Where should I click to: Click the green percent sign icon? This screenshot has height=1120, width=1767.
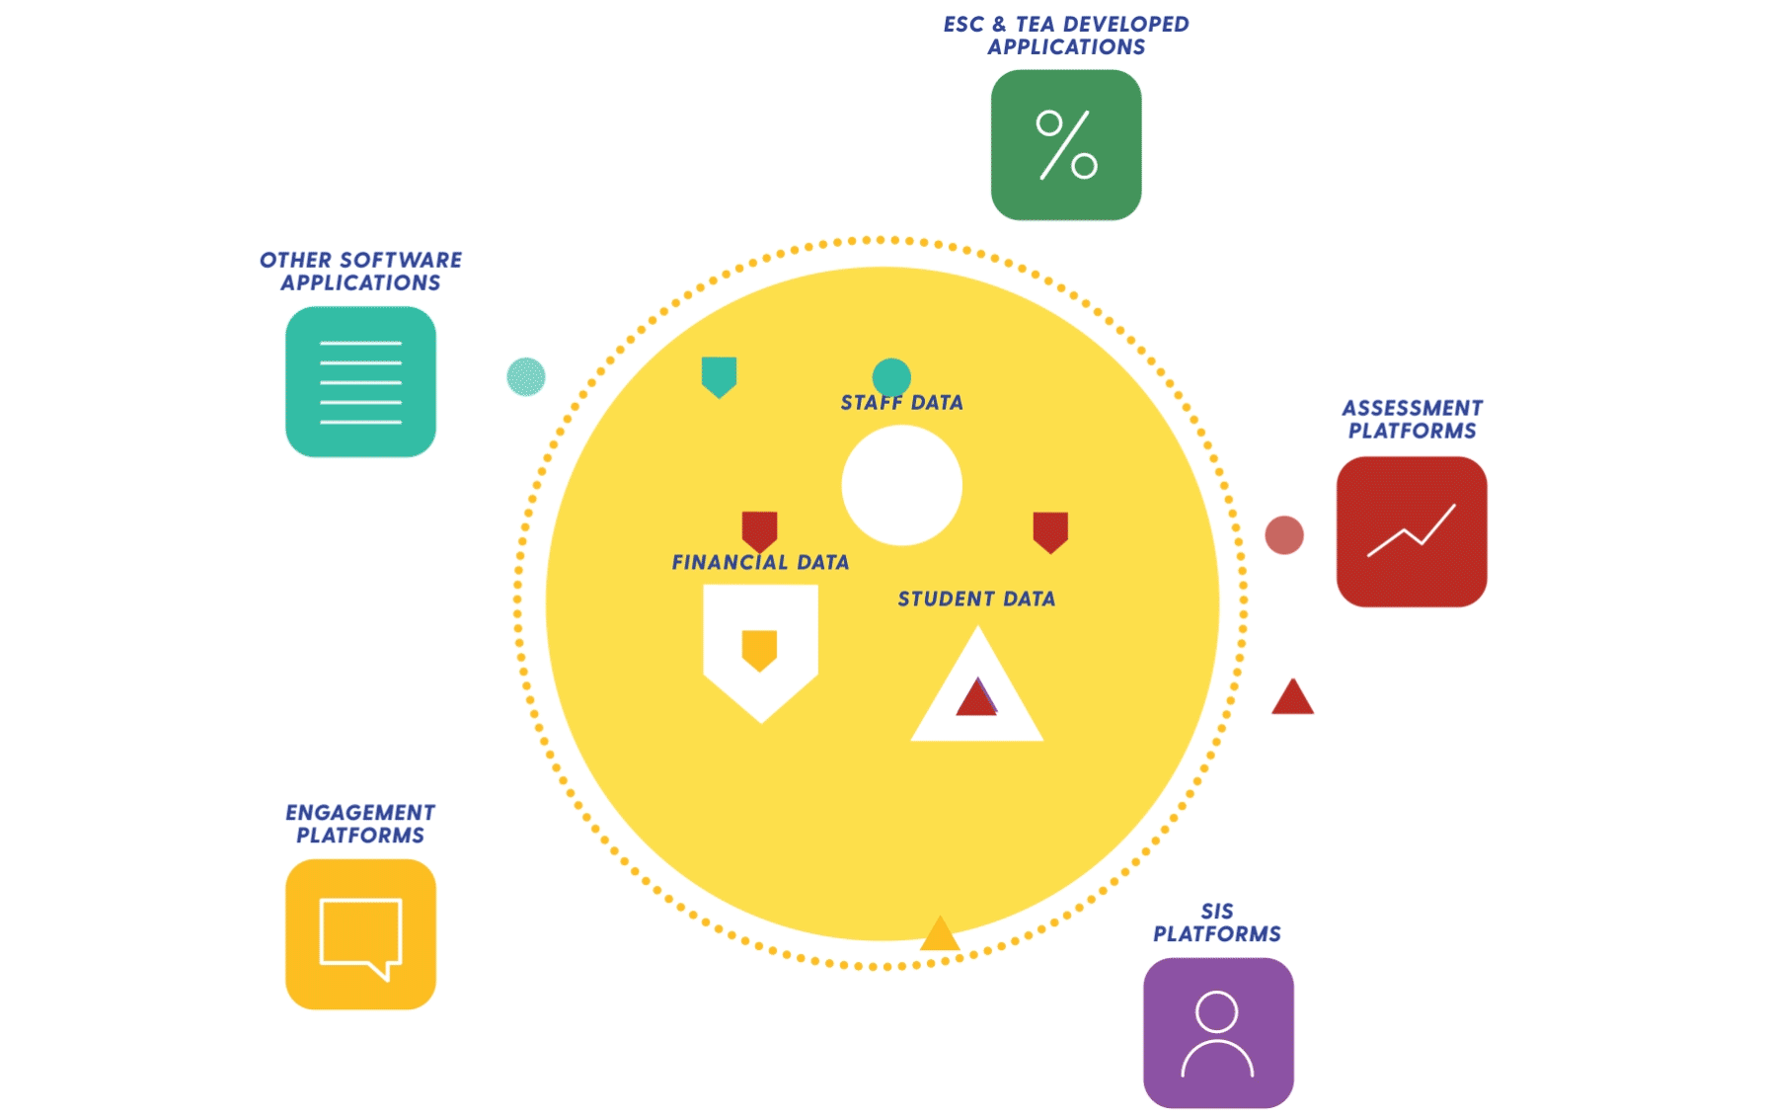1066,145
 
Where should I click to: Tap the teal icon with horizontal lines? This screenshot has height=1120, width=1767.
360,382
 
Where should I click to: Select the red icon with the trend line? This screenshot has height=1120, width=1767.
1412,532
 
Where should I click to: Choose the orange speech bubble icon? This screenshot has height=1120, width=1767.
360,934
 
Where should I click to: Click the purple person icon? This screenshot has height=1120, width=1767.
1218,1033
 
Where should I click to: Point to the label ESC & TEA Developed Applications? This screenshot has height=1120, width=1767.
1066,36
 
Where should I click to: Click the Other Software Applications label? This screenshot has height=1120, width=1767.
360,272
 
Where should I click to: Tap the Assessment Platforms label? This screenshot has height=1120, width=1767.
1412,420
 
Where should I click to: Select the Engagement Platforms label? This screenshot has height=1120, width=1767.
360,824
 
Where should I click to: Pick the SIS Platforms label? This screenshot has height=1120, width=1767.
1217,922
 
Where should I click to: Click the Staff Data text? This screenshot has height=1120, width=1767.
901,403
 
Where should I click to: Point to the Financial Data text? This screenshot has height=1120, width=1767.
760,563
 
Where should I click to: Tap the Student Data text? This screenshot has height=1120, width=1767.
976,600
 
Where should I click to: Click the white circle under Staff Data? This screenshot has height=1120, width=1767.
901,485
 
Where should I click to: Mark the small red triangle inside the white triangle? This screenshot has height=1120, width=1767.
976,698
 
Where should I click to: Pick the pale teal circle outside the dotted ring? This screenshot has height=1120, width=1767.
526,377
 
